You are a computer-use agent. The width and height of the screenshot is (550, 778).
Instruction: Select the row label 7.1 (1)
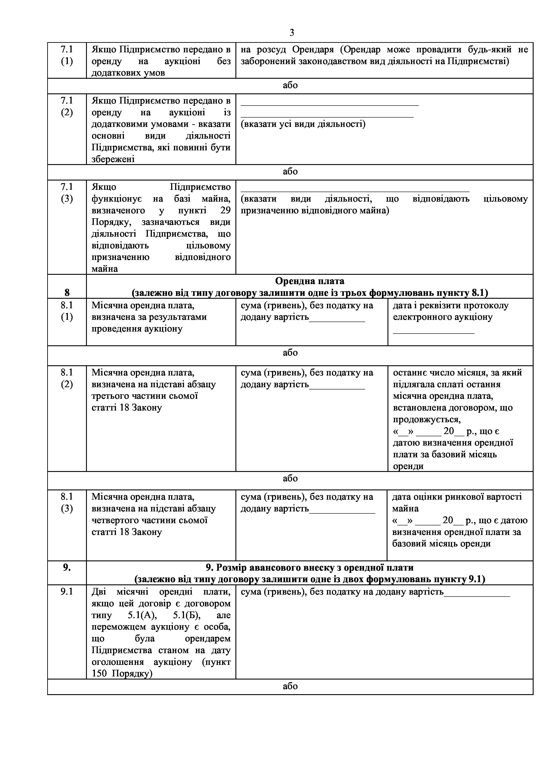tap(67, 55)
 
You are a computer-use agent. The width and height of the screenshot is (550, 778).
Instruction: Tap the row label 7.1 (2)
tap(67, 106)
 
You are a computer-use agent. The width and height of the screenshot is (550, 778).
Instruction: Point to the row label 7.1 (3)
tap(67, 193)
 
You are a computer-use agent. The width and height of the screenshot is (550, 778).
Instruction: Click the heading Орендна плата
tap(309, 281)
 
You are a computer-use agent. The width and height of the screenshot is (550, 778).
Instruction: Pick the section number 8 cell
tap(67, 293)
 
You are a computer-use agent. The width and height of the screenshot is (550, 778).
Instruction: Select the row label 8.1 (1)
tap(67, 311)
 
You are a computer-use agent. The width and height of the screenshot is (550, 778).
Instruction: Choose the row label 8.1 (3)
tap(67, 503)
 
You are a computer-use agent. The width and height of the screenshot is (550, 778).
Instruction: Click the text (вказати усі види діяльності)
tap(303, 124)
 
